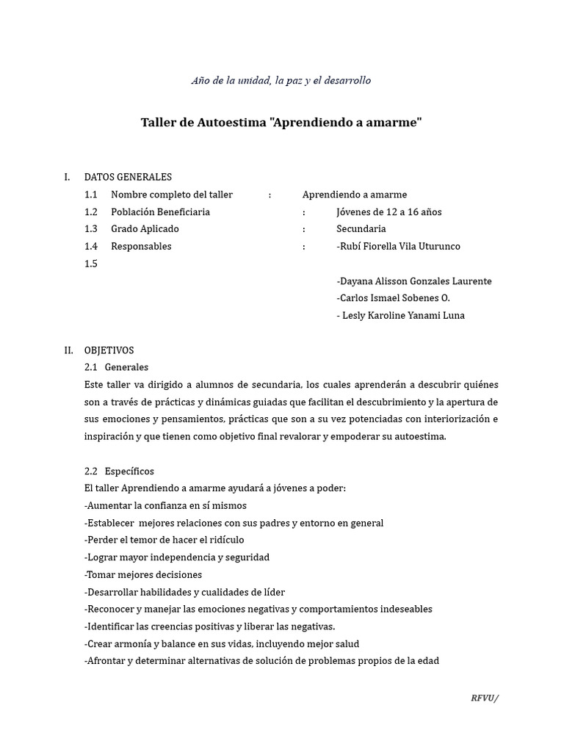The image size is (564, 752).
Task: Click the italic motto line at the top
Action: point(281,80)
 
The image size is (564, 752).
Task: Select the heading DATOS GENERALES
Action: point(128,177)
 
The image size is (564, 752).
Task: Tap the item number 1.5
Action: point(91,264)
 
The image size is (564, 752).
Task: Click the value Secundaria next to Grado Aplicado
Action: point(361,229)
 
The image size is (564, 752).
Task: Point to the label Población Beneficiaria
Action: point(160,212)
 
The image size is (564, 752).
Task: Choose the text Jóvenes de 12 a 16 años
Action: point(388,212)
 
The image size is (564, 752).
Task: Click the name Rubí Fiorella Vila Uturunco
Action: point(398,247)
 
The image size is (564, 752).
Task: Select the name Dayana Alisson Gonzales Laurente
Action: point(413,281)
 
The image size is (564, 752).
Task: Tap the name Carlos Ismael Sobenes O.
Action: point(393,298)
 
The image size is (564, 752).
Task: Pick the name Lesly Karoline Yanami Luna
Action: point(401,316)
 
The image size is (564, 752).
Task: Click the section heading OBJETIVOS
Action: point(109,351)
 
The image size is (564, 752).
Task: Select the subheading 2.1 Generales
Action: point(116,367)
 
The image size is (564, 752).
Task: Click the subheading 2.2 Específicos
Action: point(119,471)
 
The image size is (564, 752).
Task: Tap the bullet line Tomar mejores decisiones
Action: point(143,575)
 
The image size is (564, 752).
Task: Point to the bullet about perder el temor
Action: point(164,540)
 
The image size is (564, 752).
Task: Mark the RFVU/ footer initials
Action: point(484,698)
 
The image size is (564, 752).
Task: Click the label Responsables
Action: point(141,247)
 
